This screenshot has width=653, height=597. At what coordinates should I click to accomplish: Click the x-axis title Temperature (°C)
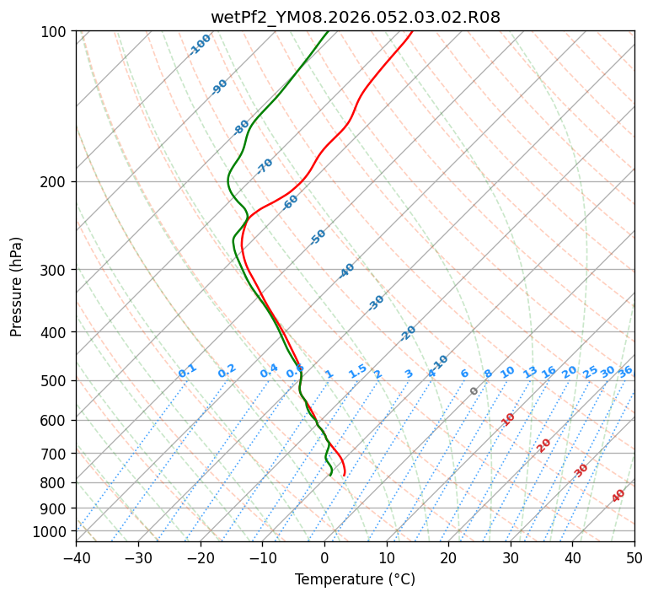coord(355,580)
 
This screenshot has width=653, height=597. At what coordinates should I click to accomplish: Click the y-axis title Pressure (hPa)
coord(17,287)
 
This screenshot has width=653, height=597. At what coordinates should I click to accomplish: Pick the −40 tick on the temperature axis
coord(76,557)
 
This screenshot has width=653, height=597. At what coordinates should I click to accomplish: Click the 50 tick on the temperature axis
coord(634,557)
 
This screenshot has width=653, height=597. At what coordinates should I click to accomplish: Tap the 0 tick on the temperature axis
coord(324,557)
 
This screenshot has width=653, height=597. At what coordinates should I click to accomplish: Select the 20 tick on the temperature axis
coord(448,557)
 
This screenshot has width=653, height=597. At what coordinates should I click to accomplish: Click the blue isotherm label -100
coord(200,45)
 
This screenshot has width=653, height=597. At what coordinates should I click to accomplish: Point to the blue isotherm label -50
coord(318,237)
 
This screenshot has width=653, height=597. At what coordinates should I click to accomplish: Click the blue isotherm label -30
coord(376,303)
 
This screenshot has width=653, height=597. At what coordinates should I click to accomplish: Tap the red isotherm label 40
coord(618,496)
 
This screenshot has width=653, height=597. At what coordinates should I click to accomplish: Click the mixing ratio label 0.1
coord(187,370)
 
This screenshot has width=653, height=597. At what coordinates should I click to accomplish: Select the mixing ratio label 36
coord(625,371)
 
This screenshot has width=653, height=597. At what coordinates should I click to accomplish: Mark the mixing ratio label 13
coord(530,372)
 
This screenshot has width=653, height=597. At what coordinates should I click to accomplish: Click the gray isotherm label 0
coord(474,391)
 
